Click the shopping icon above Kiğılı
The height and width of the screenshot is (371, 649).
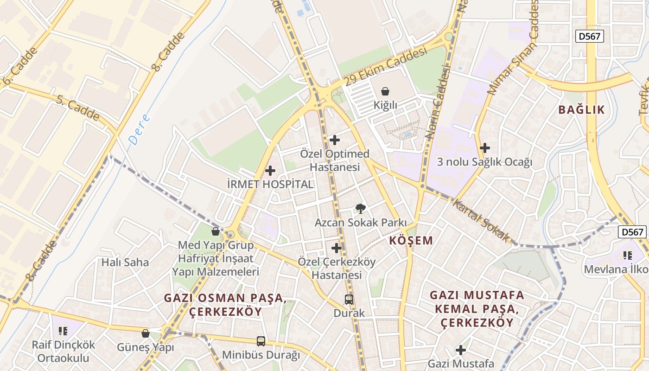(385, 91)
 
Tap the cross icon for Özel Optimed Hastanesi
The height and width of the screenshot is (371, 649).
(334, 140)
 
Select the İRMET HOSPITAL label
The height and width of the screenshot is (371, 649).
(270, 184)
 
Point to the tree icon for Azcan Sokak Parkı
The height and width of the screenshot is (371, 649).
(360, 208)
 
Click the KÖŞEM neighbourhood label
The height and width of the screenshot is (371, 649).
(411, 241)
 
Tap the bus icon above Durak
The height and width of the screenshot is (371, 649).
(349, 300)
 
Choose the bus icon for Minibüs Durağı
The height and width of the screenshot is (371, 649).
(261, 341)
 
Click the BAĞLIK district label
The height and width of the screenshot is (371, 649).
(581, 110)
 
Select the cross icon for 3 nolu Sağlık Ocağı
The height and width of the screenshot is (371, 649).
(485, 148)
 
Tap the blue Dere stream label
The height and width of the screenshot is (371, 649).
(139, 129)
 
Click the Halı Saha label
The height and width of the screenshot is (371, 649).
(125, 262)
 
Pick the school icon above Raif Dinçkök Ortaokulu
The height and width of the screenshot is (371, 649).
(63, 331)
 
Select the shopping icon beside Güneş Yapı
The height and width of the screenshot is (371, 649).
(146, 333)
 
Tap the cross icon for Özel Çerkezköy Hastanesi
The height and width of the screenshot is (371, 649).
(337, 248)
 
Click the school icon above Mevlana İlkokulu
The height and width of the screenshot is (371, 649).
(628, 255)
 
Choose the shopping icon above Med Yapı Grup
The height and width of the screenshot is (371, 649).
(215, 231)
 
